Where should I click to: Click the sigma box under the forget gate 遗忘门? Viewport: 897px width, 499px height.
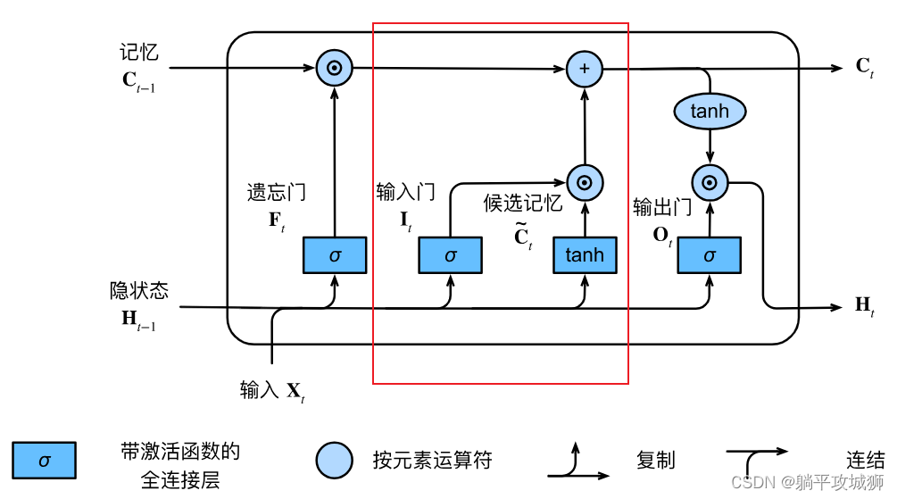pyautogui.click(x=335, y=255)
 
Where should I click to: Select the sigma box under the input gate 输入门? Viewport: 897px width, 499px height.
pyautogui.click(x=450, y=255)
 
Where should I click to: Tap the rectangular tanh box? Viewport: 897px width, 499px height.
pyautogui.click(x=585, y=255)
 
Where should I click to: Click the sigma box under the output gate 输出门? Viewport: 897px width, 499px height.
pyautogui.click(x=710, y=255)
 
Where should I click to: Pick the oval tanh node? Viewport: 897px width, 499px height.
pyautogui.click(x=710, y=112)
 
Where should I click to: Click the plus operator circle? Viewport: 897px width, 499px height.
pyautogui.click(x=585, y=68)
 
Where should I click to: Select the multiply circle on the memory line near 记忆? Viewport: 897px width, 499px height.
pyautogui.click(x=335, y=68)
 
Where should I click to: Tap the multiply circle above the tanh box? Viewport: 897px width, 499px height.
pyautogui.click(x=585, y=183)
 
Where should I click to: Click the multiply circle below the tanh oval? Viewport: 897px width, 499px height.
pyautogui.click(x=710, y=183)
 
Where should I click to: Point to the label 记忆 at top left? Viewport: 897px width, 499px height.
pyautogui.click(x=138, y=53)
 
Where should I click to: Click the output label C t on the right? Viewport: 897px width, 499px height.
pyautogui.click(x=864, y=67)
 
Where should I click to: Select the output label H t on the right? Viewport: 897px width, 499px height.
pyautogui.click(x=864, y=306)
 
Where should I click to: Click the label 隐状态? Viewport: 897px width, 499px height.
pyautogui.click(x=138, y=291)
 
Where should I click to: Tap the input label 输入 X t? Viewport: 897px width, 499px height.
pyautogui.click(x=272, y=390)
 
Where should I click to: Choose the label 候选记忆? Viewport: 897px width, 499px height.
pyautogui.click(x=523, y=203)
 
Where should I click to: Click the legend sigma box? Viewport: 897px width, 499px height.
pyautogui.click(x=44, y=461)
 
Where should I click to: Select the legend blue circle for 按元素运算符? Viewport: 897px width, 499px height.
pyautogui.click(x=335, y=461)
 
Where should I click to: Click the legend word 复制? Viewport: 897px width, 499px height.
pyautogui.click(x=655, y=461)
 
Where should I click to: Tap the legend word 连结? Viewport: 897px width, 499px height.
pyautogui.click(x=865, y=461)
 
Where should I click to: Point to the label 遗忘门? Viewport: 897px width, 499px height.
pyautogui.click(x=276, y=192)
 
